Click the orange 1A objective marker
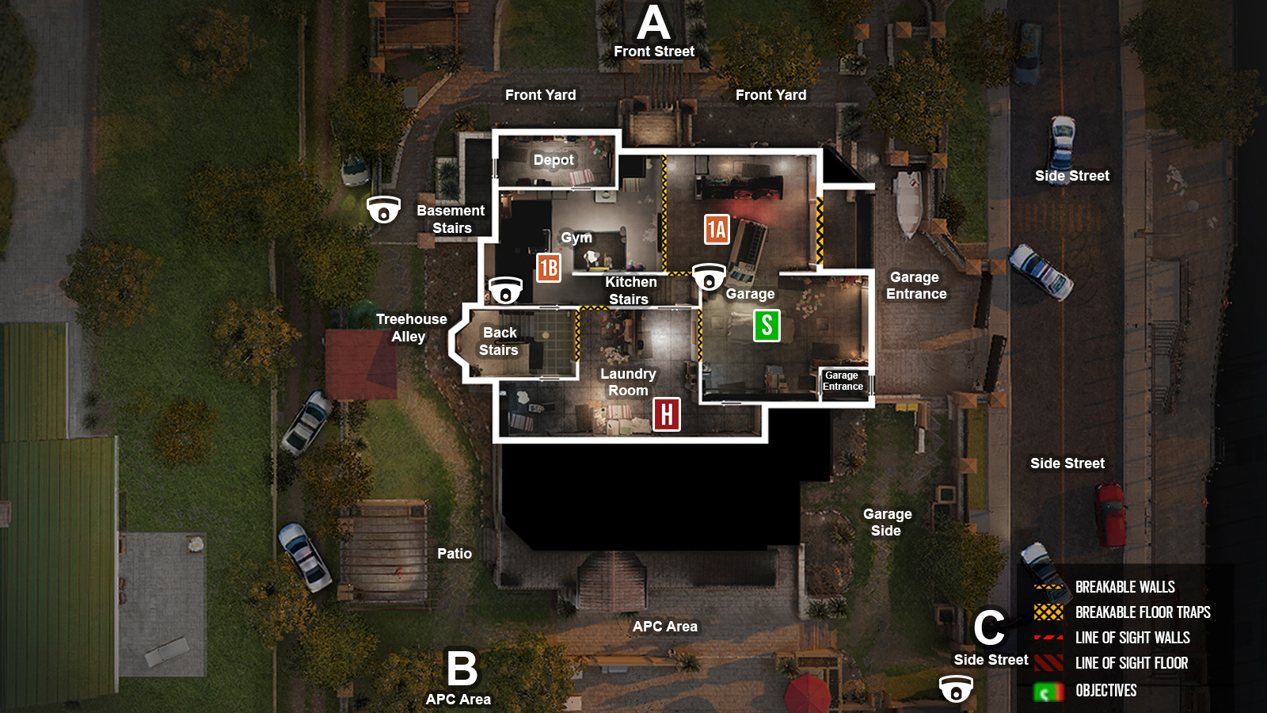pyautogui.click(x=717, y=230)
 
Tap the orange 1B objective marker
pyautogui.click(x=548, y=268)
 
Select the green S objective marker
pyautogui.click(x=766, y=326)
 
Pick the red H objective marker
pyautogui.click(x=667, y=414)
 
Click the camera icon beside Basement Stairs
pyautogui.click(x=384, y=210)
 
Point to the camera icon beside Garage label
pyautogui.click(x=709, y=277)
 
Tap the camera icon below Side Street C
pyautogui.click(x=956, y=688)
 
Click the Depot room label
pyautogui.click(x=554, y=160)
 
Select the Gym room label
pyautogui.click(x=576, y=238)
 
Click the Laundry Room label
pyautogui.click(x=628, y=382)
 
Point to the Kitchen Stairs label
pyautogui.click(x=630, y=291)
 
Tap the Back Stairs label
pyautogui.click(x=499, y=341)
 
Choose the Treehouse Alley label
pyautogui.click(x=411, y=327)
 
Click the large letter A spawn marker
pyautogui.click(x=653, y=23)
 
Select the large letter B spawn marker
pyautogui.click(x=462, y=669)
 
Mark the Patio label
pyautogui.click(x=455, y=554)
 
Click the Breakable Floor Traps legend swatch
pyautogui.click(x=1048, y=612)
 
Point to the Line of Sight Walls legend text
pyautogui.click(x=1132, y=638)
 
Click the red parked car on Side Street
pyautogui.click(x=1110, y=513)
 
